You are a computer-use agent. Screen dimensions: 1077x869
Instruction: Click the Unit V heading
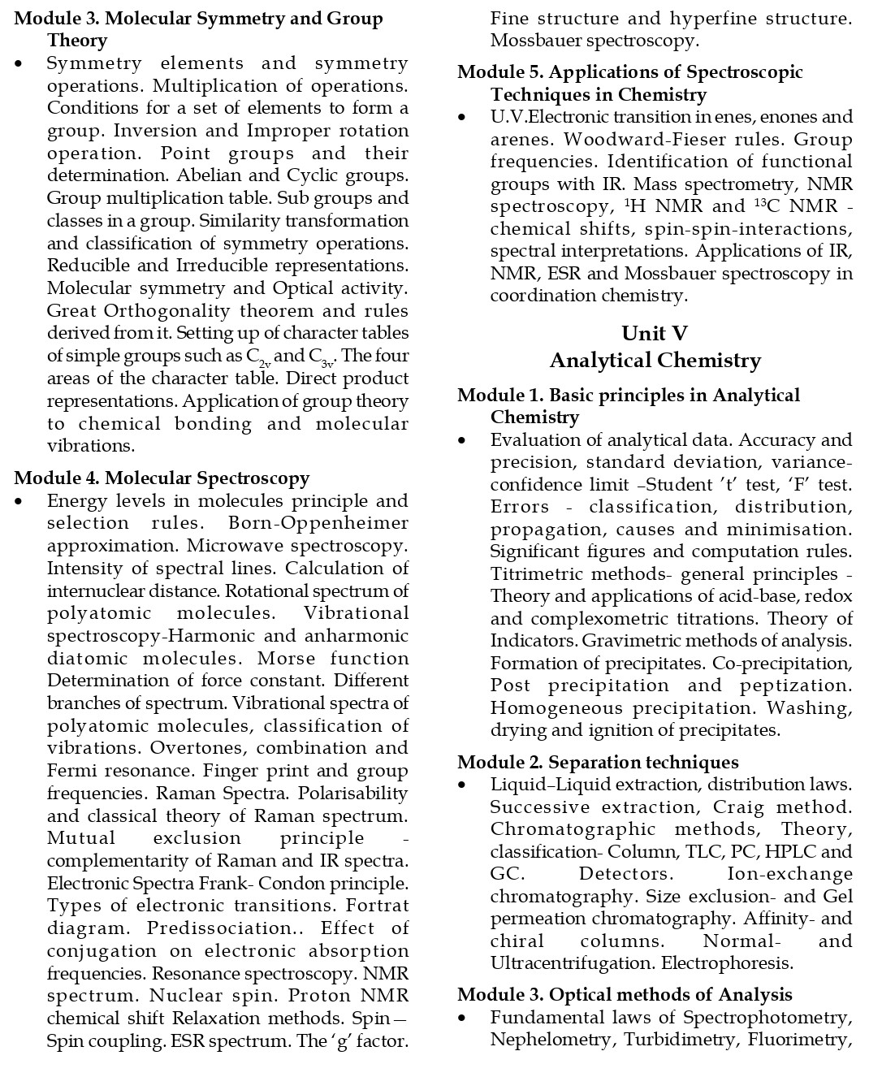coord(655,334)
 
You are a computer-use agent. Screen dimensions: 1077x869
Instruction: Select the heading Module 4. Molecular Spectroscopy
coord(162,478)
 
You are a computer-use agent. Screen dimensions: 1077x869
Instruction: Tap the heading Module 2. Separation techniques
coord(598,762)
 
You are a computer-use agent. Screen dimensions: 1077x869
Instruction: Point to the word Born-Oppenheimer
coord(318,523)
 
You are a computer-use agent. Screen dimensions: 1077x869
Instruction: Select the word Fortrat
coord(378,906)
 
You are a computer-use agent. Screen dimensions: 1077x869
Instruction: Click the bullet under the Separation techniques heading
coord(463,785)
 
